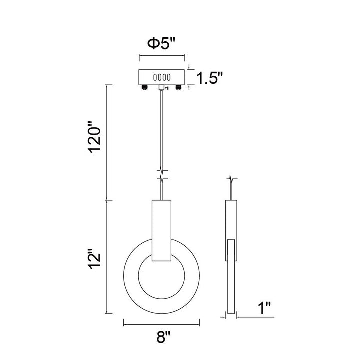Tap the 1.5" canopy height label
click(x=210, y=78)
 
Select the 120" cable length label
click(x=95, y=137)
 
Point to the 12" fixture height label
click(x=95, y=259)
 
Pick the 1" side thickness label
click(x=264, y=308)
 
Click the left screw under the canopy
click(x=144, y=87)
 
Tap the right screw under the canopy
click(x=178, y=87)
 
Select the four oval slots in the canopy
click(x=162, y=77)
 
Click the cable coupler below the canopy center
click(x=162, y=87)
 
